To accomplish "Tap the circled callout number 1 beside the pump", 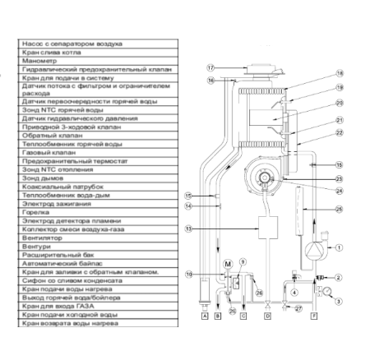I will coord(339,247).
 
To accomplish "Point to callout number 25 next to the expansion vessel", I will coord(340,209).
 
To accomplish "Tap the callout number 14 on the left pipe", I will coord(189,207).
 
